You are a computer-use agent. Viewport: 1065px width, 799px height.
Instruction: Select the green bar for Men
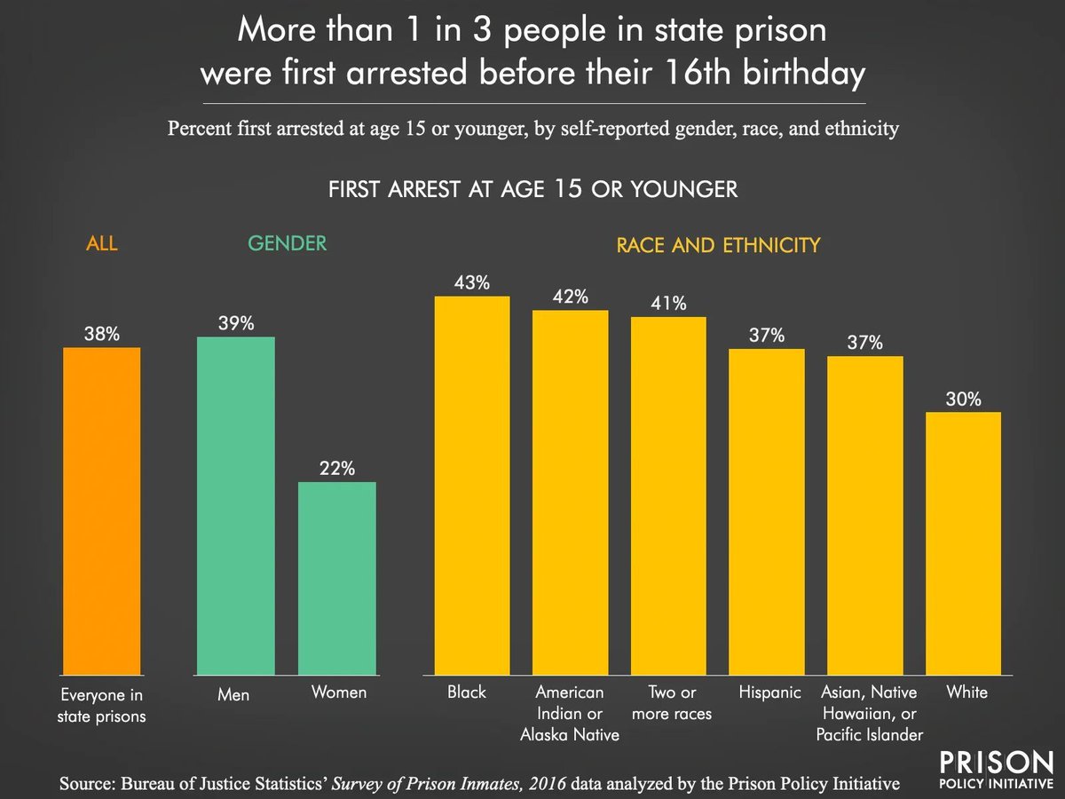point(235,506)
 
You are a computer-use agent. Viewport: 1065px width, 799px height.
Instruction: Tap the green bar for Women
point(336,577)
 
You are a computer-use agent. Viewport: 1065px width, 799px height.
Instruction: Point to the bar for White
point(963,542)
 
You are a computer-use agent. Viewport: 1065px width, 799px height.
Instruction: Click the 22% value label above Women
point(336,470)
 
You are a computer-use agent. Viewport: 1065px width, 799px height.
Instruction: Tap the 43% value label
point(471,283)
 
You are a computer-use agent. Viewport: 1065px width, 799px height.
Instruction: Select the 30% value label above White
point(963,399)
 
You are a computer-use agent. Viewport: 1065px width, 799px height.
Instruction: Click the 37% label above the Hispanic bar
point(766,336)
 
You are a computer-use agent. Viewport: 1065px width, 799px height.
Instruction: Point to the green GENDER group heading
point(287,243)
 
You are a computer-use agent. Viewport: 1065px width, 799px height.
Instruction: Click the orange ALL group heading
point(101,243)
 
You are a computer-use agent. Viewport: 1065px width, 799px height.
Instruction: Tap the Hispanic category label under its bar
point(769,692)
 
